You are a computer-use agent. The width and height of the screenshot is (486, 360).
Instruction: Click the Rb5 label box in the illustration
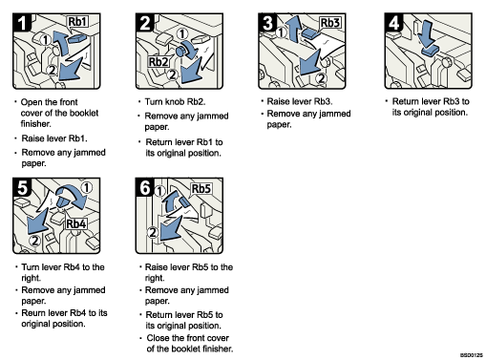coord(201,189)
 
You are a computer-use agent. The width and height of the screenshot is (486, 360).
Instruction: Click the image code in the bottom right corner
coord(471,354)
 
